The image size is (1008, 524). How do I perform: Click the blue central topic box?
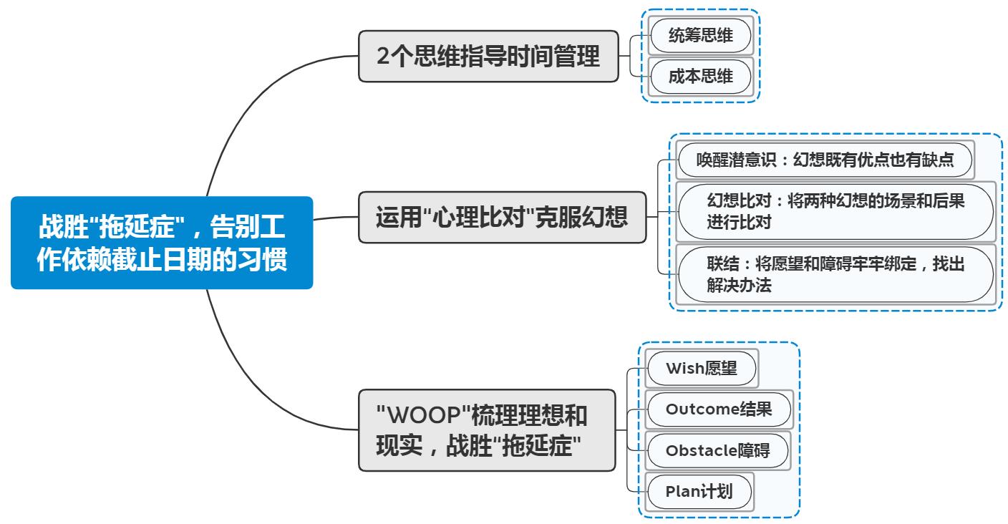162,243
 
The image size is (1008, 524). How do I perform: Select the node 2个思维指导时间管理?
488,56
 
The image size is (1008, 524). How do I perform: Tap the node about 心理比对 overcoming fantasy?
502,217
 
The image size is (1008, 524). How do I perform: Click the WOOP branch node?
486,430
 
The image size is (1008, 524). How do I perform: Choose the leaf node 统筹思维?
700,34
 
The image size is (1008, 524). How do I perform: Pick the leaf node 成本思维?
700,77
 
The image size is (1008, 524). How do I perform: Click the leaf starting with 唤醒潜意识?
825,160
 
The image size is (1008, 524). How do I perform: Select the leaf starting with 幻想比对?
835,211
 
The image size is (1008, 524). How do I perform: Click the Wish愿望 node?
701,369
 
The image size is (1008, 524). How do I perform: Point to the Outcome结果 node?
719,409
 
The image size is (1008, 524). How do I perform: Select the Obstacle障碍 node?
717,450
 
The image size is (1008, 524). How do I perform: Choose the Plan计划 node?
699,492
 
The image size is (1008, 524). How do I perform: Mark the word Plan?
680,492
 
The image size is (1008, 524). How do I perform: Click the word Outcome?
701,409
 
